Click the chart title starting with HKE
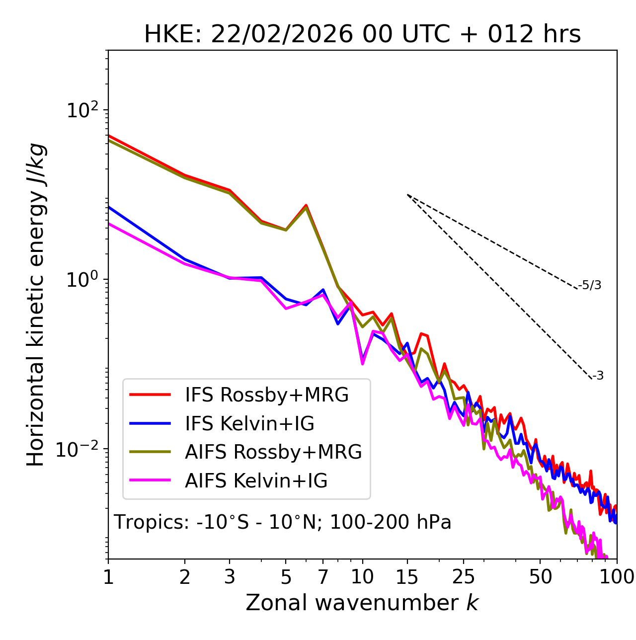click(362, 35)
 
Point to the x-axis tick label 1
click(108, 577)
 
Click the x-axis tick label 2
click(185, 577)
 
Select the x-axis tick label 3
click(230, 577)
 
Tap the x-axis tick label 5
click(286, 577)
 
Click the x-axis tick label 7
click(323, 577)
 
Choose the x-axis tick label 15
click(407, 577)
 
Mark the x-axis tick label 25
click(464, 577)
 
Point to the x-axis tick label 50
click(540, 577)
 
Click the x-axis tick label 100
click(617, 577)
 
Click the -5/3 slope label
click(590, 285)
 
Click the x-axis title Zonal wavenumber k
click(362, 603)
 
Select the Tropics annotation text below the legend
click(283, 522)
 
